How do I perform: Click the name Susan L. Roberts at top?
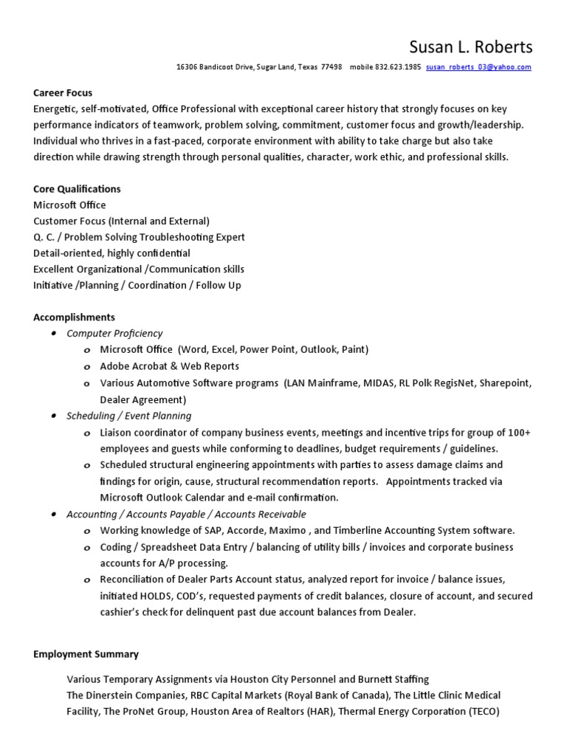click(470, 47)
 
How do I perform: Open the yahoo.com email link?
click(478, 67)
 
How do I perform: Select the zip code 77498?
click(331, 67)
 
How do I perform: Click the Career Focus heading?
click(63, 93)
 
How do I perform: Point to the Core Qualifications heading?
click(77, 189)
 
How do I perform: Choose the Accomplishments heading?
click(74, 317)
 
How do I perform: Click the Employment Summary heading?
click(86, 654)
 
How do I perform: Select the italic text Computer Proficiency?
click(114, 334)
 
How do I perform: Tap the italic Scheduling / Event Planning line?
click(128, 416)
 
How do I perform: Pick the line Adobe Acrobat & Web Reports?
click(170, 366)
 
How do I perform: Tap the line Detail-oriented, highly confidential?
click(111, 253)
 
